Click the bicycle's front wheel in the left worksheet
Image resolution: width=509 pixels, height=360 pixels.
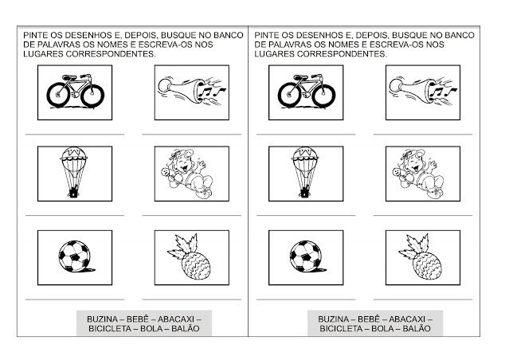(92, 96)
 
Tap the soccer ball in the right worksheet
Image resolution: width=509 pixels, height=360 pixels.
(306, 256)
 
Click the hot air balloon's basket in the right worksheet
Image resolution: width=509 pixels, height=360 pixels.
(305, 193)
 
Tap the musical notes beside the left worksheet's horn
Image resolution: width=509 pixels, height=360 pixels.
(212, 91)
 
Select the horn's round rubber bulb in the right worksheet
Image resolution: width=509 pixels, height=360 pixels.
(395, 85)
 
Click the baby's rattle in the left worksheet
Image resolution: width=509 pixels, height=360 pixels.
(166, 173)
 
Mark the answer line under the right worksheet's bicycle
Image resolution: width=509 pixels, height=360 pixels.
(306, 134)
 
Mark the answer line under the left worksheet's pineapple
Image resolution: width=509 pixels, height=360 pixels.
(191, 299)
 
